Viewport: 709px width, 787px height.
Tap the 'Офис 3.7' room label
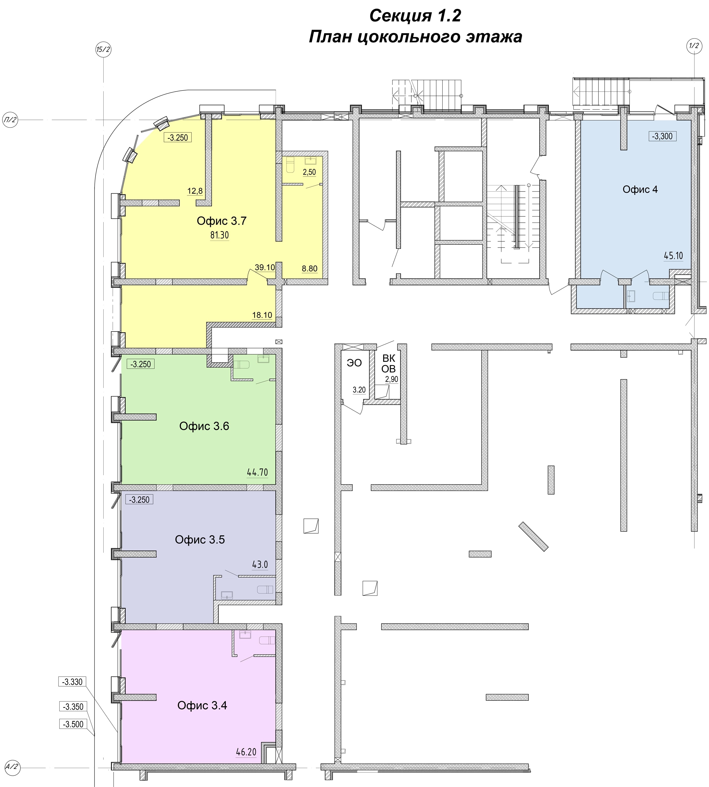(222, 221)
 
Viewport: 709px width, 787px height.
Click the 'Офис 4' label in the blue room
(640, 189)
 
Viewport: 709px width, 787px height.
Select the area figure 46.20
(246, 752)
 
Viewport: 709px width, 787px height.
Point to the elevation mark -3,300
(662, 136)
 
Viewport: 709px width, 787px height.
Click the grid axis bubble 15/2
(103, 50)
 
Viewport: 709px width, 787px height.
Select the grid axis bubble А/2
(11, 767)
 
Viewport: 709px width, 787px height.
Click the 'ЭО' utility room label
(354, 363)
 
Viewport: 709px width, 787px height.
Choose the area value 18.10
(262, 315)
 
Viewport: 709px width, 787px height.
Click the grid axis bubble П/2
(10, 120)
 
